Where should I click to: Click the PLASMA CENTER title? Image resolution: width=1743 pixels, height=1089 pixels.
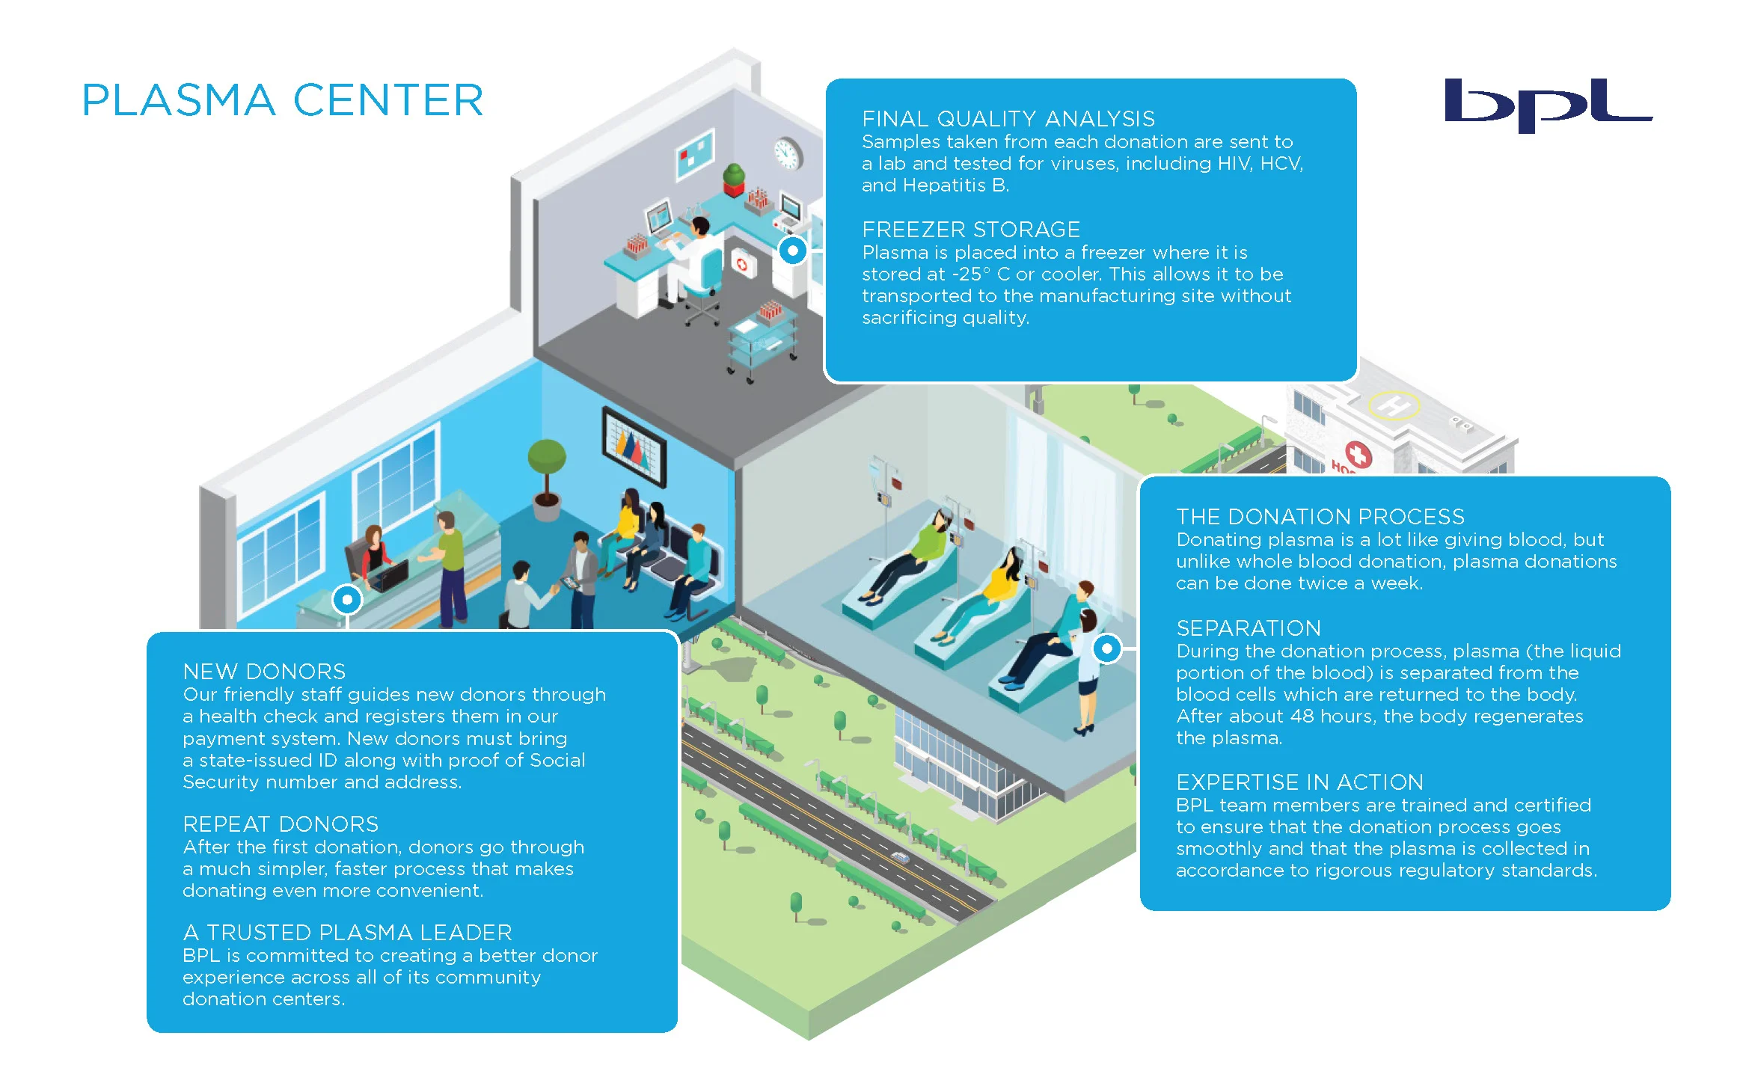(x=283, y=100)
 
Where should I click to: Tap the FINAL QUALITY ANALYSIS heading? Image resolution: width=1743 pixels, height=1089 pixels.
(x=1008, y=119)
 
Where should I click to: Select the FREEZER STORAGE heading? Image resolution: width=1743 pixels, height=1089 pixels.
(x=970, y=230)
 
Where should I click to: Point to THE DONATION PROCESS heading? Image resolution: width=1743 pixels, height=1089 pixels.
(x=1320, y=517)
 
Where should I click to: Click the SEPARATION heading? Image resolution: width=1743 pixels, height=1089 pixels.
(x=1248, y=628)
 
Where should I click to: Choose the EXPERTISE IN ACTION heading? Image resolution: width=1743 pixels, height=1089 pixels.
(x=1299, y=782)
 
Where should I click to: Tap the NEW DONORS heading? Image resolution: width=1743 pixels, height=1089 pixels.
(x=264, y=672)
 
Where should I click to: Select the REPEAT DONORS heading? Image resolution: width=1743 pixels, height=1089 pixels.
(x=281, y=824)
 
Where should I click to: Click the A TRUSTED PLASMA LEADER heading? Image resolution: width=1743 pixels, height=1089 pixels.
(x=347, y=933)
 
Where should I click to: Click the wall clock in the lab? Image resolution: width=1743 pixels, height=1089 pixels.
(x=787, y=153)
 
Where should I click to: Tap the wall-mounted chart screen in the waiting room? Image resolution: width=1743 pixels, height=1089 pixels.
(x=634, y=447)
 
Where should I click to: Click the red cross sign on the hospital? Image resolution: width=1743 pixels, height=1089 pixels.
(x=1358, y=454)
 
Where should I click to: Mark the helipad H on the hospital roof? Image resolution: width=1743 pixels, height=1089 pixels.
(x=1393, y=406)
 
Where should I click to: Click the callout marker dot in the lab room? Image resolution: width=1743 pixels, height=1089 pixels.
(x=793, y=251)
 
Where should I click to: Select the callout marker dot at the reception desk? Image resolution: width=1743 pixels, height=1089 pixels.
(x=347, y=600)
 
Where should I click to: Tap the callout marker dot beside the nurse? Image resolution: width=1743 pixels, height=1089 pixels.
(x=1106, y=648)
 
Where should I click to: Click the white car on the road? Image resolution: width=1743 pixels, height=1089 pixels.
(x=901, y=858)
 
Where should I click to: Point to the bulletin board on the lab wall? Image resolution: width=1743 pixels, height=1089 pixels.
(x=695, y=153)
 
